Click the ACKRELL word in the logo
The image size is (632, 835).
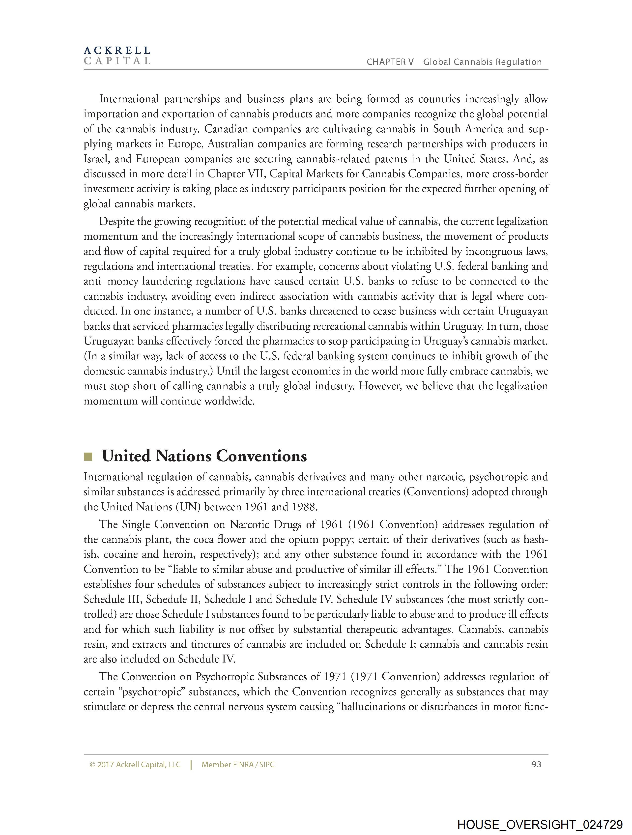(117, 50)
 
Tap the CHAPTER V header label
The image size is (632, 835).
(390, 62)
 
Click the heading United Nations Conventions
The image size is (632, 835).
(204, 456)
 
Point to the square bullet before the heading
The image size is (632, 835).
(88, 457)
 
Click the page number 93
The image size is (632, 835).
(536, 764)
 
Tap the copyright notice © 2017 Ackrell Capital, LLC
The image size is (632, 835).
(135, 765)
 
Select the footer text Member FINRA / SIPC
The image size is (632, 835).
(238, 765)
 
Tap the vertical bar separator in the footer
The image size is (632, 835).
(191, 765)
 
